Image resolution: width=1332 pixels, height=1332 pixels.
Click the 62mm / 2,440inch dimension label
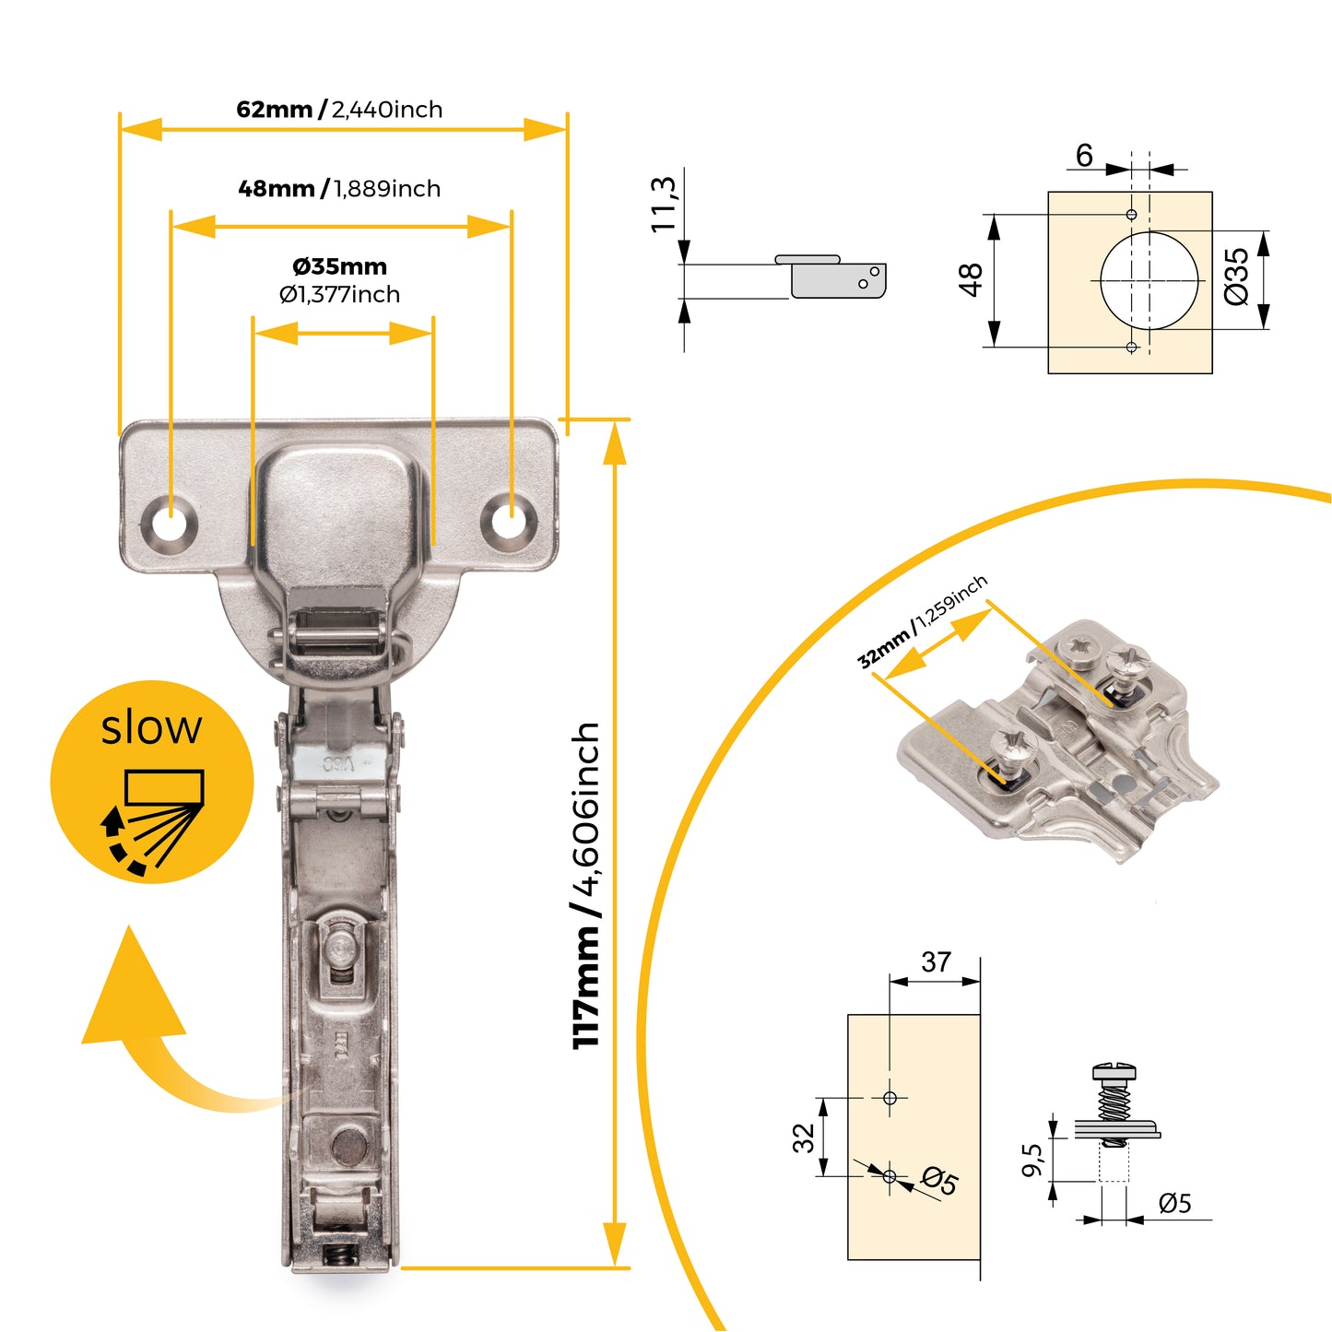(339, 110)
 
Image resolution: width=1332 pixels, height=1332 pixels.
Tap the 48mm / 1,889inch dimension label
(339, 189)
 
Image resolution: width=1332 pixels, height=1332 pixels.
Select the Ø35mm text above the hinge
(339, 267)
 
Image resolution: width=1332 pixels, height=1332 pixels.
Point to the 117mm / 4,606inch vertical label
(586, 885)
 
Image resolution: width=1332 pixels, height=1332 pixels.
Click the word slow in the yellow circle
(151, 728)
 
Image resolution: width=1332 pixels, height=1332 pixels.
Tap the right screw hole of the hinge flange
(506, 519)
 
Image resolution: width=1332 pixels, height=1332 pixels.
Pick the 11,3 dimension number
(664, 204)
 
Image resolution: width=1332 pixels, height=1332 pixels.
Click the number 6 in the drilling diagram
(1084, 156)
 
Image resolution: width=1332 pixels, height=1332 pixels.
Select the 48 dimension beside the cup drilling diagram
(971, 279)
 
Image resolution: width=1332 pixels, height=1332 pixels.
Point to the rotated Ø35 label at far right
(1236, 277)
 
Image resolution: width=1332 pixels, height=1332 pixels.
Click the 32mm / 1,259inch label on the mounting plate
(922, 621)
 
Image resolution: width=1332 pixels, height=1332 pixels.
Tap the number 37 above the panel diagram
(936, 962)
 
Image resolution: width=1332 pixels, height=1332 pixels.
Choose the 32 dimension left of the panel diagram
(804, 1138)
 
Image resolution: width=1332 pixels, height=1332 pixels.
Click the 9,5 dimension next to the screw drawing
(1032, 1161)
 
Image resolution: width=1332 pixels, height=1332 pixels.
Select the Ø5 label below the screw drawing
(1174, 1204)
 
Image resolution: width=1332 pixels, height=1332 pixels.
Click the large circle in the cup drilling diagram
(1149, 279)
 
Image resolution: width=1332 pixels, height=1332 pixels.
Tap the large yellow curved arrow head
(133, 991)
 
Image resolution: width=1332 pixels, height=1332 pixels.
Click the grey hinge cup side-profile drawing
(833, 277)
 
